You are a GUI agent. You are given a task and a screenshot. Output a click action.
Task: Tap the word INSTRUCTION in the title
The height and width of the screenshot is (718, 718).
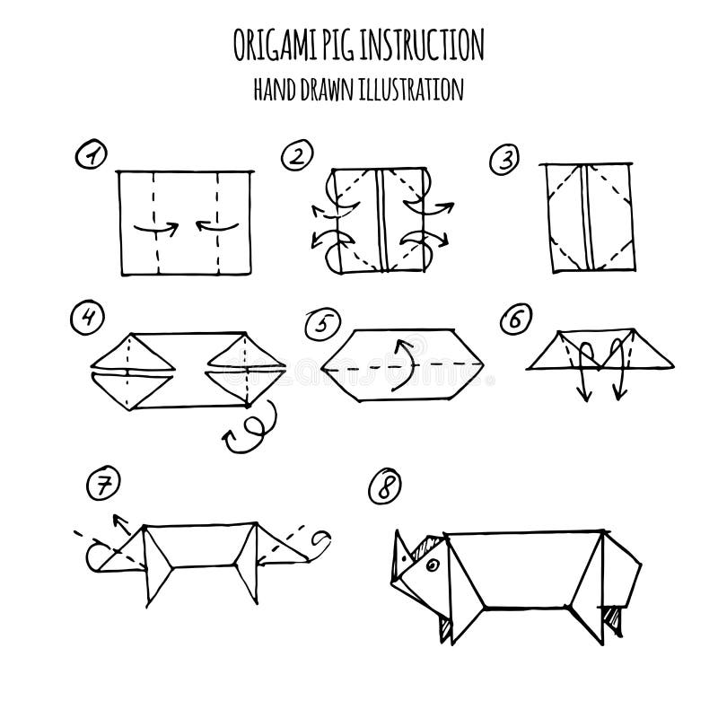[x=429, y=43]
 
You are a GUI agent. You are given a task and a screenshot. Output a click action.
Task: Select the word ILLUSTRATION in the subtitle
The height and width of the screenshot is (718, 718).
[x=417, y=89]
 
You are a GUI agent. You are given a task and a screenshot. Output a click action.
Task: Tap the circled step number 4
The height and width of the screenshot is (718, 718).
[x=88, y=316]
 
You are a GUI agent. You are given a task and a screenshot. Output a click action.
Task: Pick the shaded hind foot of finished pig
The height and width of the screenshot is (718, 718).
[x=613, y=618]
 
